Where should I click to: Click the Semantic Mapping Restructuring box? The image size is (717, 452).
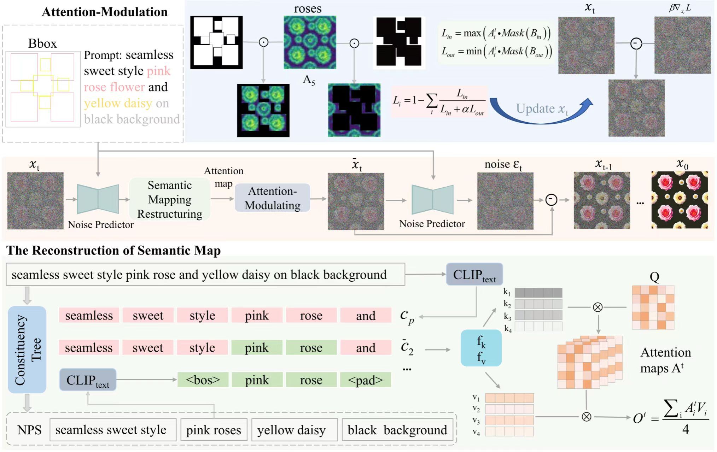coord(170,199)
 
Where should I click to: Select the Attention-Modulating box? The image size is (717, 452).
coord(272,198)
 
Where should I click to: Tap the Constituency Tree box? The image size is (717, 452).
coord(27,350)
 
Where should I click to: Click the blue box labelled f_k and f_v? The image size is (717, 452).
coord(481,348)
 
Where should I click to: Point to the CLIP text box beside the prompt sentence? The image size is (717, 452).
coord(474,275)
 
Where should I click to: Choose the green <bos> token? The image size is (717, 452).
coord(203,380)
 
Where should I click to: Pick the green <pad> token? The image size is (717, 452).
coord(365,380)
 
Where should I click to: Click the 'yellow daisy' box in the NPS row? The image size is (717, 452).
coord(291,430)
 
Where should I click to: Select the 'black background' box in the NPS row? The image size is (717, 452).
coord(397,430)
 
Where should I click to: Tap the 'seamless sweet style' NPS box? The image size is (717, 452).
coord(111,430)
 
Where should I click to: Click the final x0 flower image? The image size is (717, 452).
coord(680,200)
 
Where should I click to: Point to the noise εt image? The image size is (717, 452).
coord(505,201)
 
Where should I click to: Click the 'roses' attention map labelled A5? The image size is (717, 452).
coord(310,42)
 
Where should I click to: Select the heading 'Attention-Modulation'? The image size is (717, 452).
coord(105,12)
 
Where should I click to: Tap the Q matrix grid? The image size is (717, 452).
coord(653,307)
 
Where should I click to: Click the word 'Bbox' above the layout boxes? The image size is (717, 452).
coord(42,43)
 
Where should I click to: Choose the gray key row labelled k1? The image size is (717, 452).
coord(538,293)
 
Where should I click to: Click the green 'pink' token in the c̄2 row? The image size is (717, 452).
coord(257,348)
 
